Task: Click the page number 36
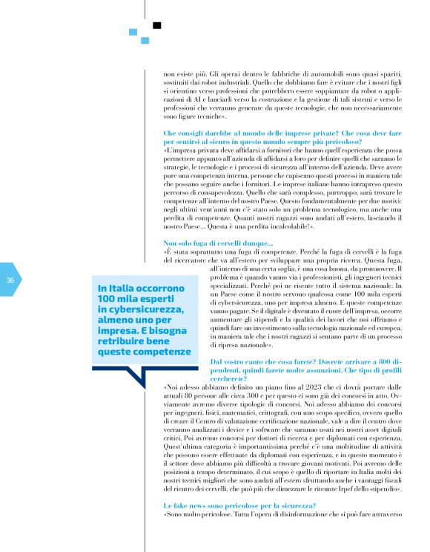click(x=10, y=280)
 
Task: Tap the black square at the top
click(x=156, y=25)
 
